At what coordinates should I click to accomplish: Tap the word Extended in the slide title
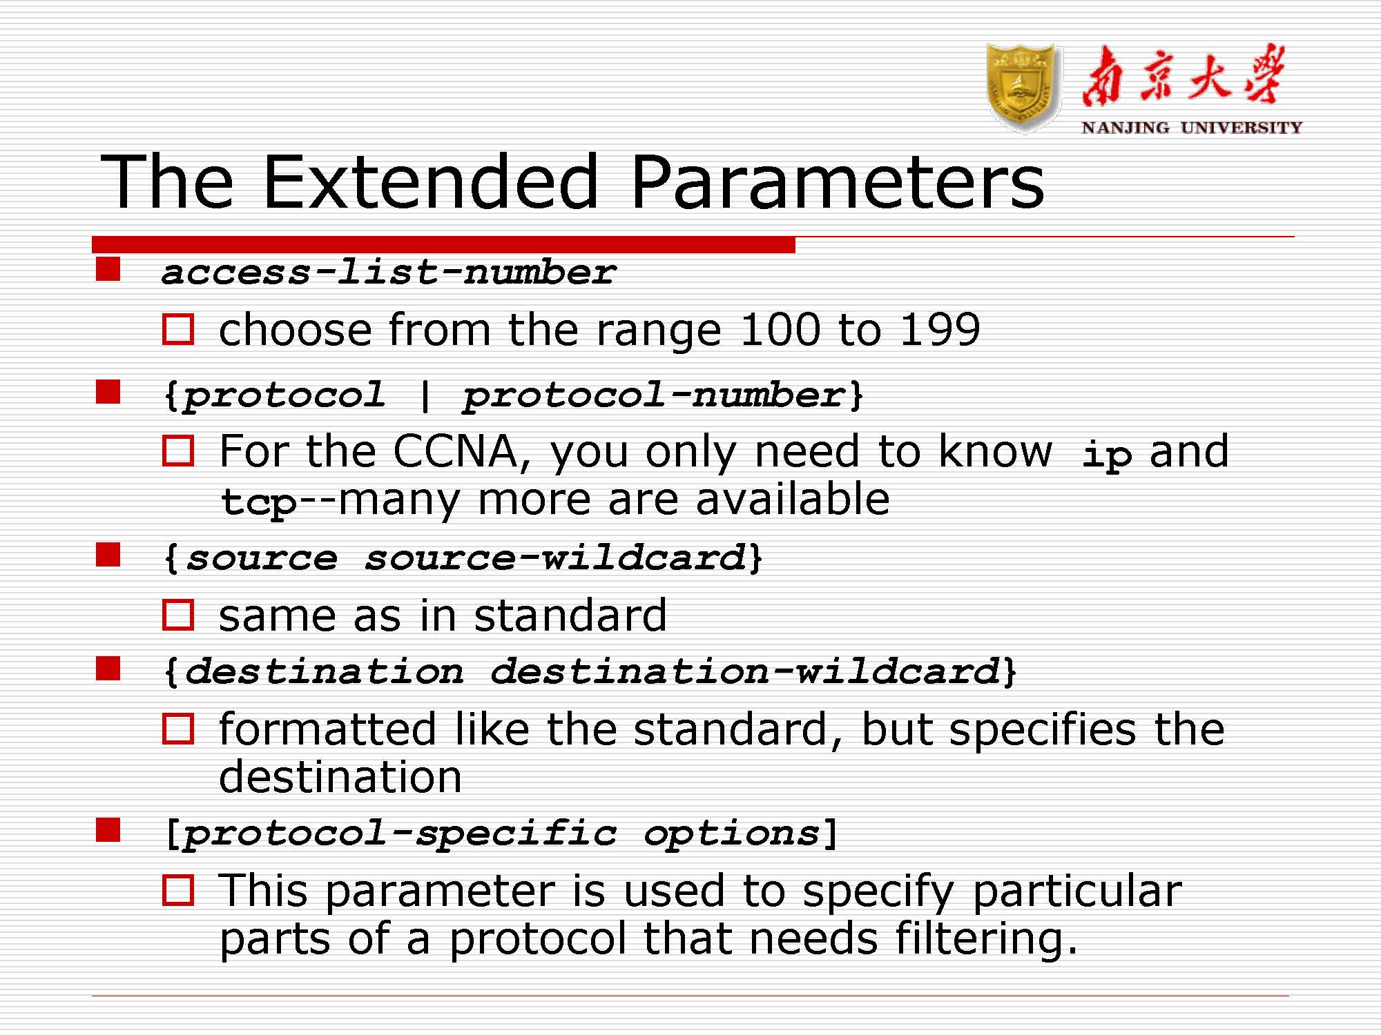tap(429, 181)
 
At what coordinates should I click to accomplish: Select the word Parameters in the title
tap(837, 181)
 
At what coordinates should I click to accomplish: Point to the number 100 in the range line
tap(780, 329)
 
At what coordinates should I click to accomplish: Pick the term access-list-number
tap(388, 272)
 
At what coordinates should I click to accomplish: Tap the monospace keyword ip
tap(1106, 456)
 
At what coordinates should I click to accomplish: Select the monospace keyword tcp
tap(258, 502)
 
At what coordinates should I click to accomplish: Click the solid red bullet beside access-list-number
tap(108, 269)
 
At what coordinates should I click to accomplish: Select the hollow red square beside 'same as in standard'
tap(178, 615)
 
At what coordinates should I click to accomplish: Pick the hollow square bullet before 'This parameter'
tap(178, 890)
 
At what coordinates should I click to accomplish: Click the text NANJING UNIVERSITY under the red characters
tap(1192, 128)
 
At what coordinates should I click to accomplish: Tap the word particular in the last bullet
tap(1077, 891)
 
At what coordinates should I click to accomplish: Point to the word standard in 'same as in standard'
tap(570, 615)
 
